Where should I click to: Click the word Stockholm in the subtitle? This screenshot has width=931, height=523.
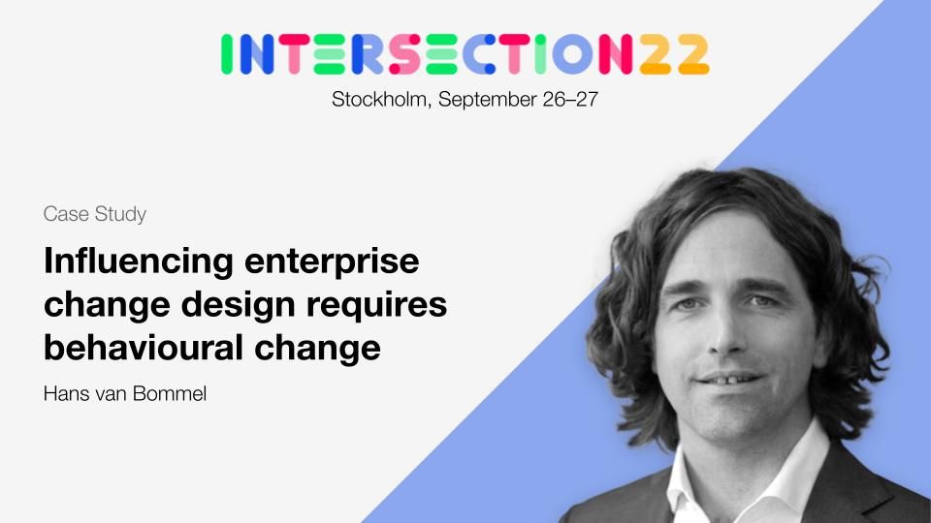click(380, 99)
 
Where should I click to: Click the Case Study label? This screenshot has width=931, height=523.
click(95, 214)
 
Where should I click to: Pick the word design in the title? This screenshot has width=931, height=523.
click(239, 306)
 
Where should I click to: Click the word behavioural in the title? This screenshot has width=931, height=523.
click(144, 348)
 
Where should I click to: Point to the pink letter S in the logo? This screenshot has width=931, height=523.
click(405, 54)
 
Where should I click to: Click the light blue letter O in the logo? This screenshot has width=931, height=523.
click(572, 54)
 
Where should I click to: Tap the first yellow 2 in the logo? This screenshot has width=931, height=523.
click(656, 54)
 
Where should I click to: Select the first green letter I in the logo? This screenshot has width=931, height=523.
click(226, 54)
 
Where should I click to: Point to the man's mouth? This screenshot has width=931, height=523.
click(728, 379)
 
